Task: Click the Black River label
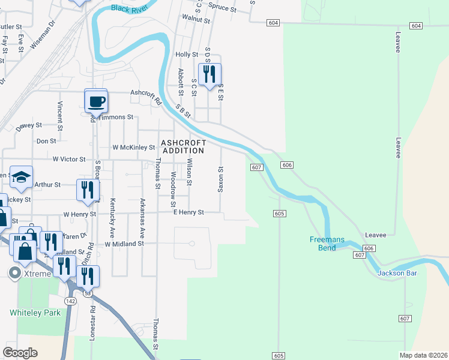pos(130,8)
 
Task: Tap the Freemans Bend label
pos(327,244)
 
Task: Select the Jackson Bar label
pos(396,274)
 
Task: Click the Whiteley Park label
pos(35,313)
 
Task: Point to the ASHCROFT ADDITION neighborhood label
pos(183,147)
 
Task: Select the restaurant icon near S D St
pos(209,74)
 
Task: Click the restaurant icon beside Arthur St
pos(88,190)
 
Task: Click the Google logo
pos(20,353)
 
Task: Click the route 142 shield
pos(70,301)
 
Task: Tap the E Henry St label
pos(188,212)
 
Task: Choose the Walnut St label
pos(197,20)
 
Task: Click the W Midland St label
pos(124,244)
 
